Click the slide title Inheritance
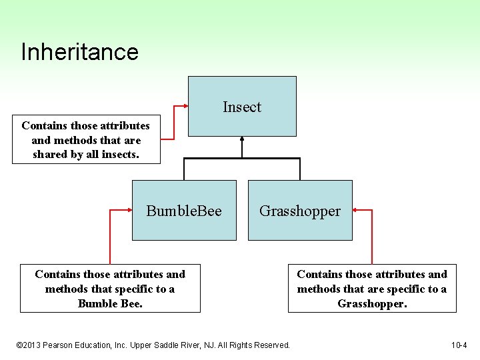tap(79, 52)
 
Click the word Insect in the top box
tap(242, 107)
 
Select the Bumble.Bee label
tap(184, 211)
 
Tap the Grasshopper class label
tap(300, 211)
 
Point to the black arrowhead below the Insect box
tap(242, 140)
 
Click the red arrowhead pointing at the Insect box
tap(184, 107)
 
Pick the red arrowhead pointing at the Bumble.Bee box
tap(129, 210)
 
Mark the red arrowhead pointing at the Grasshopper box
tap(356, 210)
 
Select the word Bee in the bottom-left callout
tap(132, 303)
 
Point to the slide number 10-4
tap(459, 345)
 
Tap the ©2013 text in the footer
tap(30, 345)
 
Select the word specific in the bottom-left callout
tap(136, 289)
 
